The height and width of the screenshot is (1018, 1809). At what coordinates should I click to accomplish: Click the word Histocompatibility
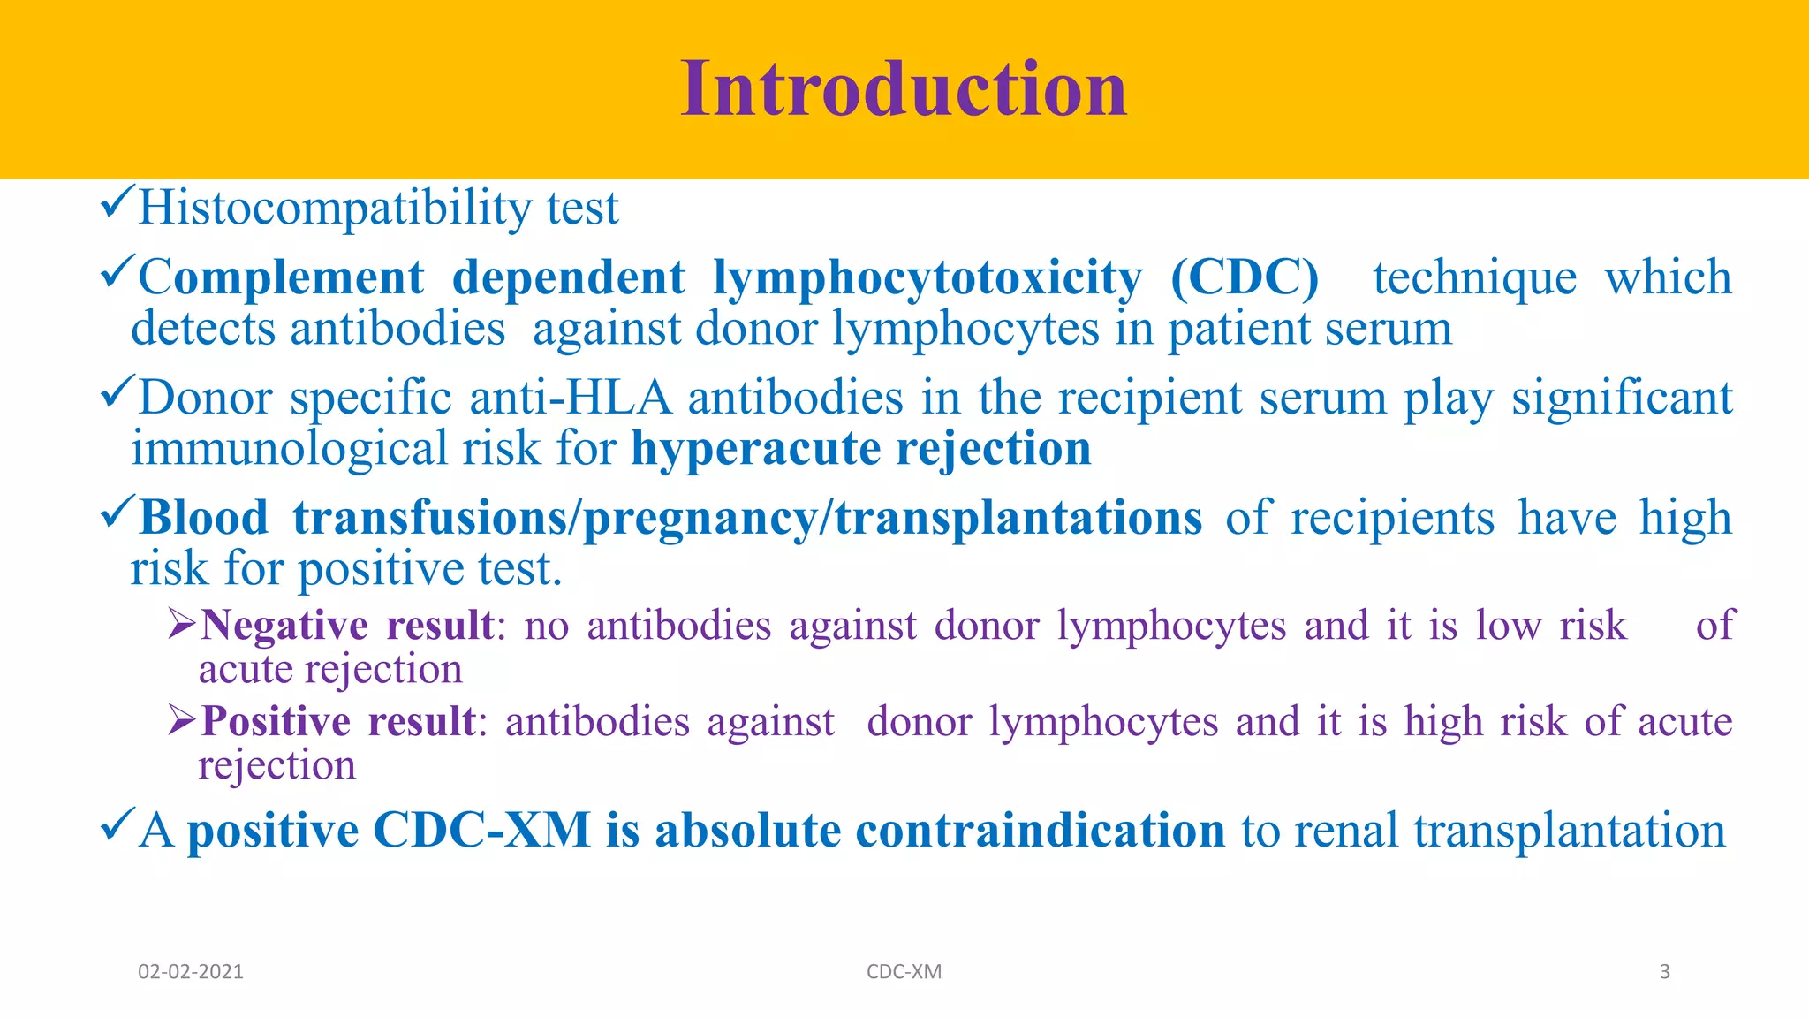click(x=335, y=209)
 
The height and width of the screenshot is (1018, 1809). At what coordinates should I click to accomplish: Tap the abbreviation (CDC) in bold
click(x=1244, y=277)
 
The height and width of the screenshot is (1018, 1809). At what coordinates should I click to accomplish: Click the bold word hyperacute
click(x=755, y=449)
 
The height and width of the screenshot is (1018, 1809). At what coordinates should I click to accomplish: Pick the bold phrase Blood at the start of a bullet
click(x=204, y=518)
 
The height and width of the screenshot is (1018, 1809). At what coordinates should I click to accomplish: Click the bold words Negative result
click(x=346, y=626)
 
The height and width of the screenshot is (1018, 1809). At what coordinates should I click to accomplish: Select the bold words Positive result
click(x=338, y=722)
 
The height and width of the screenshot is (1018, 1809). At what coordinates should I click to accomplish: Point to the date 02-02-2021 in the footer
click(x=190, y=972)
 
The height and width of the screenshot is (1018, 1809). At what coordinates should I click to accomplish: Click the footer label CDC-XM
click(x=904, y=972)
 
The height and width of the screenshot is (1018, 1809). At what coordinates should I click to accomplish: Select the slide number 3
click(x=1664, y=972)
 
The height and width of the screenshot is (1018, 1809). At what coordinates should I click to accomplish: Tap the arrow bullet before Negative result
click(x=181, y=625)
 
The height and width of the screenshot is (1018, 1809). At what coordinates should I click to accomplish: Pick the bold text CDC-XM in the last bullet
click(x=481, y=832)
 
